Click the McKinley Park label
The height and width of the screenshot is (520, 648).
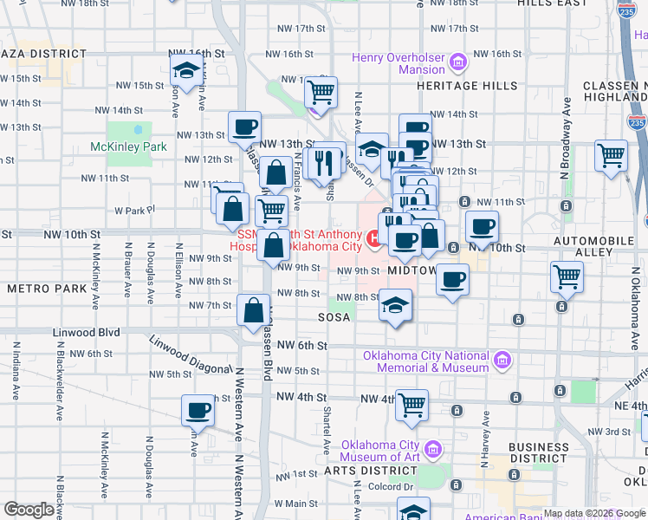click(128, 146)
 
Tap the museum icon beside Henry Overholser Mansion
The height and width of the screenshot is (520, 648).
click(459, 62)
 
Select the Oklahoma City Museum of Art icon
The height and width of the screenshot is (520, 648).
click(436, 450)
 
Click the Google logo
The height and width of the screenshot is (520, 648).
click(29, 510)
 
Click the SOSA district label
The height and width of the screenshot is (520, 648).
click(334, 317)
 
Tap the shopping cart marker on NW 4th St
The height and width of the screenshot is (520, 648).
click(412, 405)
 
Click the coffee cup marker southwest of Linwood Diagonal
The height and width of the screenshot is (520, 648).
click(198, 410)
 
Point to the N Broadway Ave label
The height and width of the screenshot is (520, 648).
click(567, 122)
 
